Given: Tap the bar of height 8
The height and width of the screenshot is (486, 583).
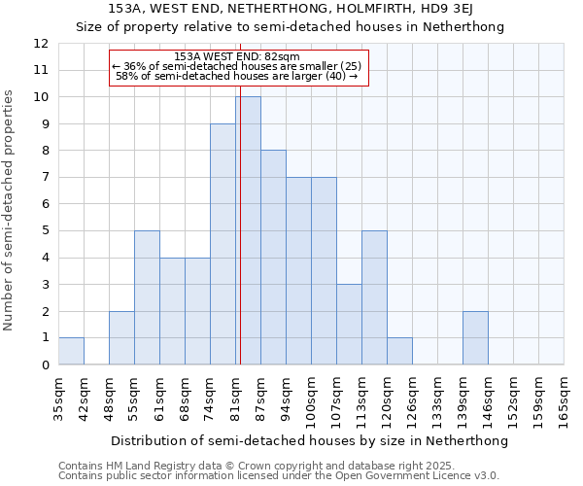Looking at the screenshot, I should point(273,258).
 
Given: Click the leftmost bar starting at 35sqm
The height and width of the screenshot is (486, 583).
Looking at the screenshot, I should point(71,351).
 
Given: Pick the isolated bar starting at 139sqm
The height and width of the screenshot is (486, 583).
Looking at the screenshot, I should point(475,337).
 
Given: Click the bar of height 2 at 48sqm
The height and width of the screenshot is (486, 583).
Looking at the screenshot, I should point(121,337).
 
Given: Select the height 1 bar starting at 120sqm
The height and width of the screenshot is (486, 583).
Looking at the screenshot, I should point(399,351).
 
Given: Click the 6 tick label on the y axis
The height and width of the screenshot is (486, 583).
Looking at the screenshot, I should point(44,204).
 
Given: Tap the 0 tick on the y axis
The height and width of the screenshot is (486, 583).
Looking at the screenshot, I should point(44,364).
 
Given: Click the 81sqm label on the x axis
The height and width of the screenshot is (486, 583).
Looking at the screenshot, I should point(235,396).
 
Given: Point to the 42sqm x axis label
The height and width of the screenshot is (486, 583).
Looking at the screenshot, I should point(84,396).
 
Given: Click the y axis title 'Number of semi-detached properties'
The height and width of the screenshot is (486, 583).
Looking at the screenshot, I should point(11,210).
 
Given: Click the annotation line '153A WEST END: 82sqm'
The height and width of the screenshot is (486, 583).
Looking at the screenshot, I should point(237,56).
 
